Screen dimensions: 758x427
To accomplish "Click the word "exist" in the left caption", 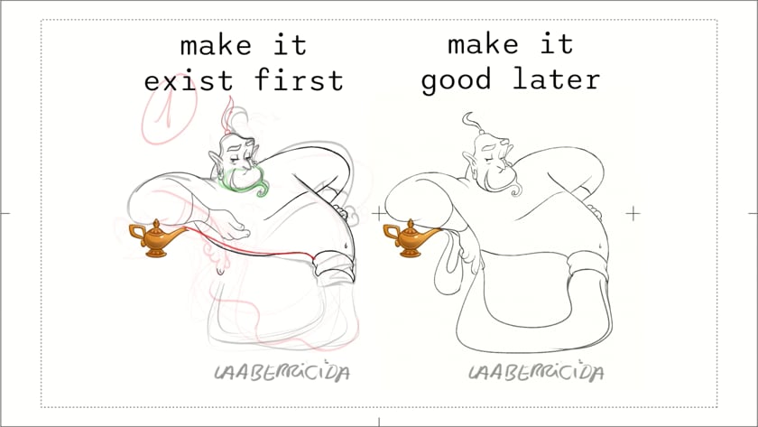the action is tap(189, 80).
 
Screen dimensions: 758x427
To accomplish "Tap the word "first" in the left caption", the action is tap(299, 79).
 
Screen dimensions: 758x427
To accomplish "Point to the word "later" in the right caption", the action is tap(556, 79).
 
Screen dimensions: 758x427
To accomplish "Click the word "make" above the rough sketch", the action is tap(216, 45).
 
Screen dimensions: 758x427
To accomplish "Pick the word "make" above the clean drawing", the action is tap(483, 44).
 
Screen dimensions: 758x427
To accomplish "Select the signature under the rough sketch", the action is tap(282, 372).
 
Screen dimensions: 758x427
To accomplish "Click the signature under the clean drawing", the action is tap(536, 372).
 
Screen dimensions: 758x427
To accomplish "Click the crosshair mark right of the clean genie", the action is tap(633, 213).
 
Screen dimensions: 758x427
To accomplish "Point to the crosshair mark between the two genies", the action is tap(379, 213).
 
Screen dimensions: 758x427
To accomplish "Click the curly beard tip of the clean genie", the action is tap(516, 189).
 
